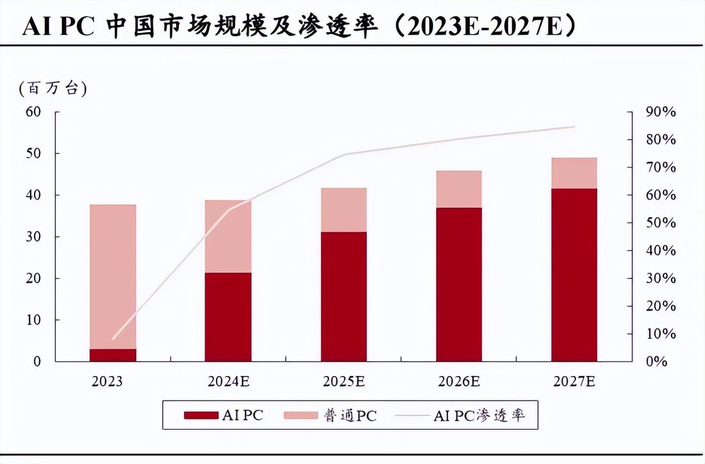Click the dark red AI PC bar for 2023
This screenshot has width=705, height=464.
pos(113,355)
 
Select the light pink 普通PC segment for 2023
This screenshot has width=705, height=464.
pos(113,276)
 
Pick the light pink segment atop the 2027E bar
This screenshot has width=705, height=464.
pos(574,173)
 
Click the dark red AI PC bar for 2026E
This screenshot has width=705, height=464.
pos(459,284)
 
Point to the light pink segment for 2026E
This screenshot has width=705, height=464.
pos(459,189)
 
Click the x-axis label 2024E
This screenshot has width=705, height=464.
pos(228,381)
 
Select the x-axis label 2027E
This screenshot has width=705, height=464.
pos(574,381)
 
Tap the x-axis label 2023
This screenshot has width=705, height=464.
pos(107,381)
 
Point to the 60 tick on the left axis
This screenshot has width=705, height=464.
pos(34,112)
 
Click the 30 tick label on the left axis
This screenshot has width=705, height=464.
pos(34,237)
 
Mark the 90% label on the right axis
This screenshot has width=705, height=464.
pos(661,112)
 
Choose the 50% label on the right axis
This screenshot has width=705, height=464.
pos(661,223)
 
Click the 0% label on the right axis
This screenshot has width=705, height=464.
pos(656,362)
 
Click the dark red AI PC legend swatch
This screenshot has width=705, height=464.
pos(201,415)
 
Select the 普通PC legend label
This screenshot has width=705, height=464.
pos(350,415)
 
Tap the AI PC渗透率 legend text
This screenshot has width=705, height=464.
pos(479,415)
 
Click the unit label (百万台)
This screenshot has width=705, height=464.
pos(53,88)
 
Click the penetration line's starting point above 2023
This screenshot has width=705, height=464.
pos(113,339)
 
